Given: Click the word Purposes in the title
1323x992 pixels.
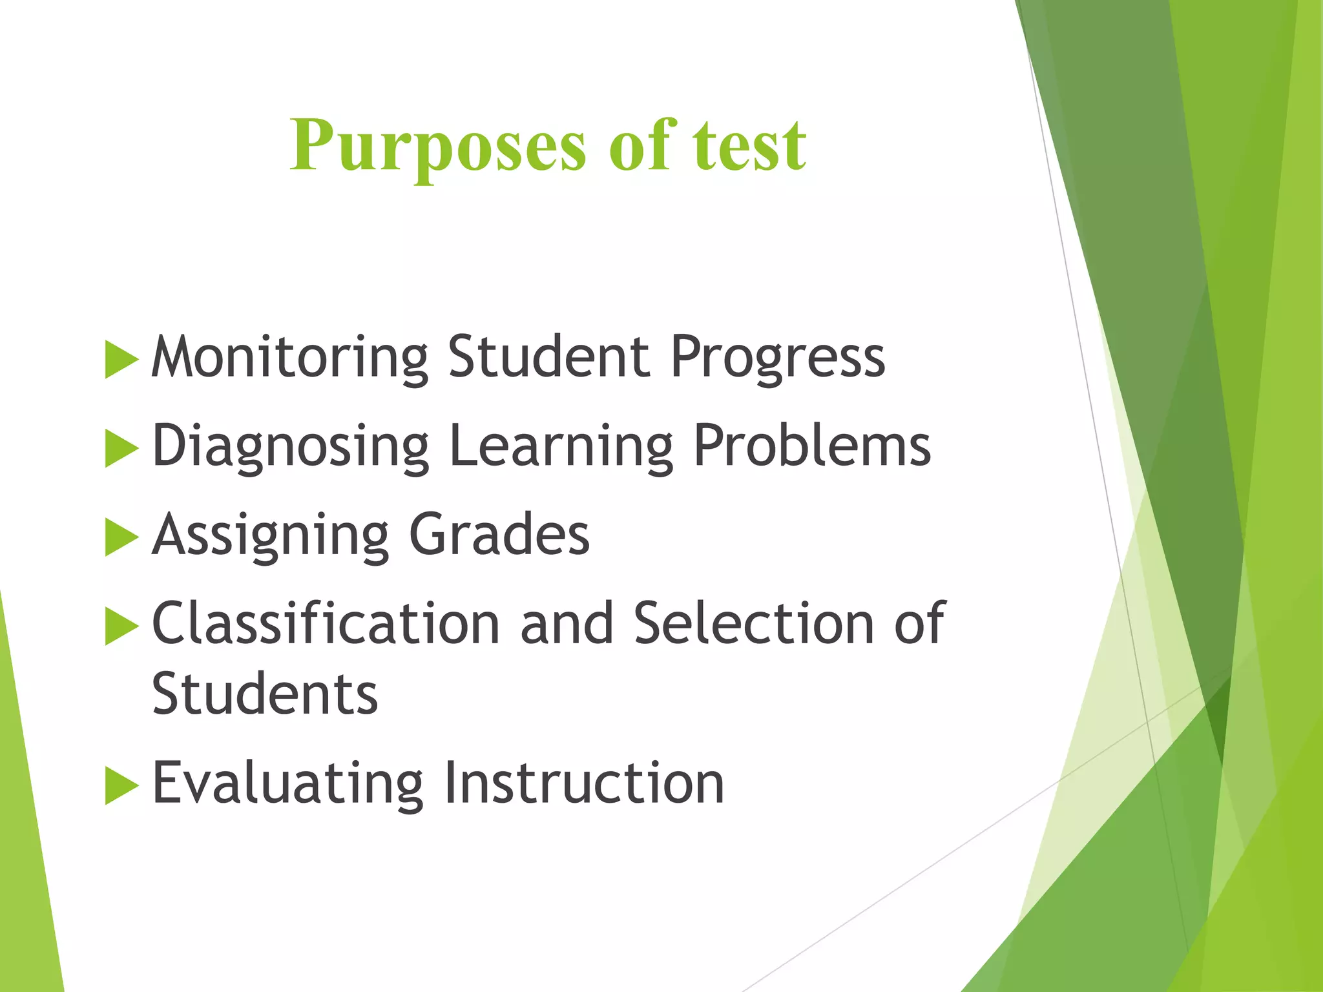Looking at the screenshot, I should pyautogui.click(x=437, y=147).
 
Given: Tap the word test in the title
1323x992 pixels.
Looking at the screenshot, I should pyautogui.click(x=749, y=147).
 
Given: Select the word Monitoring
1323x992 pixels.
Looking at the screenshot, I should pyautogui.click(x=289, y=357).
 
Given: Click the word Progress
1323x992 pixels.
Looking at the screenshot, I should pyautogui.click(x=777, y=357).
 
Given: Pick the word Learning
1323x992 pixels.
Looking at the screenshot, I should pyautogui.click(x=561, y=446).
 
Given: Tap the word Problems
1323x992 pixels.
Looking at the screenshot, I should pyautogui.click(x=812, y=445).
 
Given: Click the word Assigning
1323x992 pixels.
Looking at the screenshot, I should pyautogui.click(x=270, y=535).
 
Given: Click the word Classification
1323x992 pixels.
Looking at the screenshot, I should pyautogui.click(x=326, y=623).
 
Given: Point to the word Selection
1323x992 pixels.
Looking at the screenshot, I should pyautogui.click(x=753, y=623).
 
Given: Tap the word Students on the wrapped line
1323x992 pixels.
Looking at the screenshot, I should pyautogui.click(x=264, y=694).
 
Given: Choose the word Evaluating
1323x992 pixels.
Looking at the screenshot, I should pyautogui.click(x=287, y=783).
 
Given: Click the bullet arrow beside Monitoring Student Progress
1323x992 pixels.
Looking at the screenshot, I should pyautogui.click(x=121, y=359).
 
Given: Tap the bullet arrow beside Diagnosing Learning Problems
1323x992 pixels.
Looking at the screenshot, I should pyautogui.click(x=121, y=448).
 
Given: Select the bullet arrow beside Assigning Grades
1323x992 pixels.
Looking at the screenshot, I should pyautogui.click(x=121, y=537).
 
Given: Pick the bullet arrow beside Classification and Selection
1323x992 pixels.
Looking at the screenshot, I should pyautogui.click(x=121, y=626).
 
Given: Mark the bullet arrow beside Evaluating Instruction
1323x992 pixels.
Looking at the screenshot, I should pyautogui.click(x=121, y=785).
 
